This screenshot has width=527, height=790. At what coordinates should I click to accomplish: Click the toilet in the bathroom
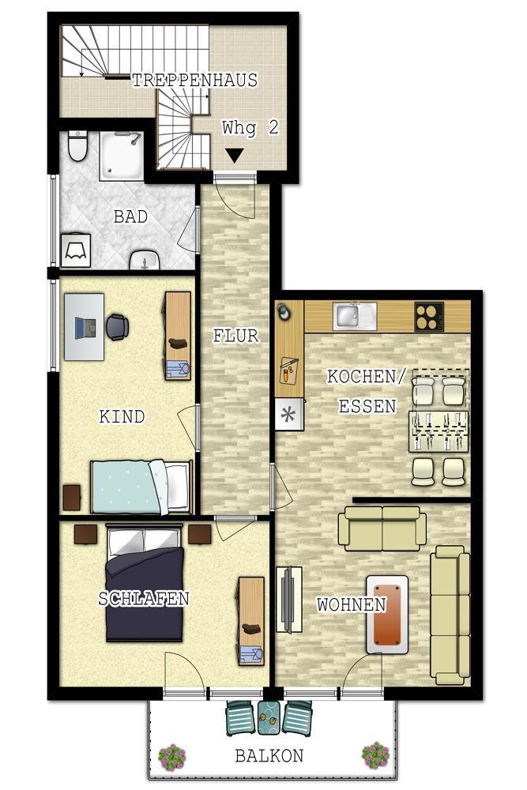point(77,145)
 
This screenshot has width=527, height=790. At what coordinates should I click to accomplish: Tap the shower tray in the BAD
point(121,155)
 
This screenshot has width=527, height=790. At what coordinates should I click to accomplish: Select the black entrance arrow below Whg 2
point(234,156)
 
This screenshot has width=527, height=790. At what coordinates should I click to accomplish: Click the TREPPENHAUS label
point(194,80)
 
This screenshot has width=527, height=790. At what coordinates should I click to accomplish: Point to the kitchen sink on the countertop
point(355,316)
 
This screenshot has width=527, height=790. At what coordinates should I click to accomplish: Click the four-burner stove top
point(429,317)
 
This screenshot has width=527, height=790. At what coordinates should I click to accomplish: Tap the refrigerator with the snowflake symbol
point(289,414)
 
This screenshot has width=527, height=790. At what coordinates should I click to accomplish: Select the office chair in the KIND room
point(117,327)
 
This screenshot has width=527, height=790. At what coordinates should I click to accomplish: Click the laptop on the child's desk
point(85,328)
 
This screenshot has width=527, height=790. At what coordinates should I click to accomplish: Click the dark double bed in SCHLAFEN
point(144,584)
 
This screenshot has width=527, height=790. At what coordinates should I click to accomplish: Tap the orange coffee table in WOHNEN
point(386,615)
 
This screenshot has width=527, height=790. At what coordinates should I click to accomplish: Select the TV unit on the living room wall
point(289,600)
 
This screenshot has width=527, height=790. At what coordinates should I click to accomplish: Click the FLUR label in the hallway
point(235,336)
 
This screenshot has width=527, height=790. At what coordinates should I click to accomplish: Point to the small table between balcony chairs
point(269,717)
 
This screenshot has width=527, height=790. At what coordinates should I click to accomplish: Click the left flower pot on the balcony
point(171,756)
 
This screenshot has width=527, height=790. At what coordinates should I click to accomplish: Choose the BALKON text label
point(269,756)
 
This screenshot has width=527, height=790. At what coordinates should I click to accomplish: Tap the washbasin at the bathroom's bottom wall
point(145,260)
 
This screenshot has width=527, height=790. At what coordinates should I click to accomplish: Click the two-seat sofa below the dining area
point(382,529)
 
